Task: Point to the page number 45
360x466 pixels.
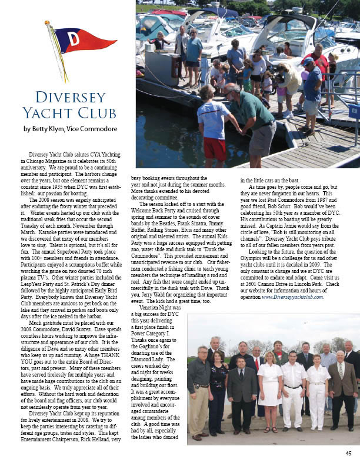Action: click(x=348, y=453)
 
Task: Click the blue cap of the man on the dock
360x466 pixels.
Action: click(x=308, y=61)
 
